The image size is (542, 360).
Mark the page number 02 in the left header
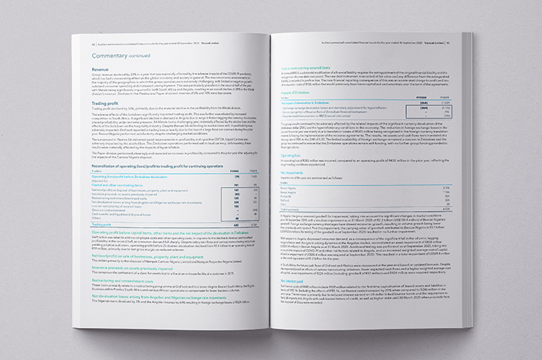pos(84,43)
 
